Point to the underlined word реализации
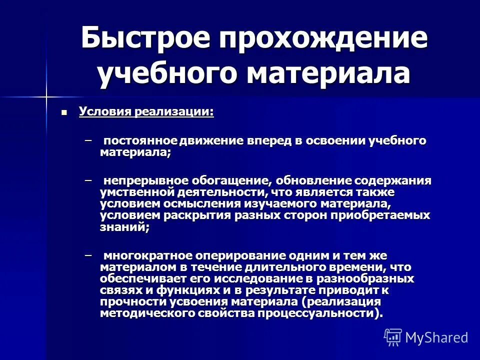(173, 111)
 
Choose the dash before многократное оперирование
(89, 254)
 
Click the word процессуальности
(320, 313)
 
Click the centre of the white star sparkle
(46, 94)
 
